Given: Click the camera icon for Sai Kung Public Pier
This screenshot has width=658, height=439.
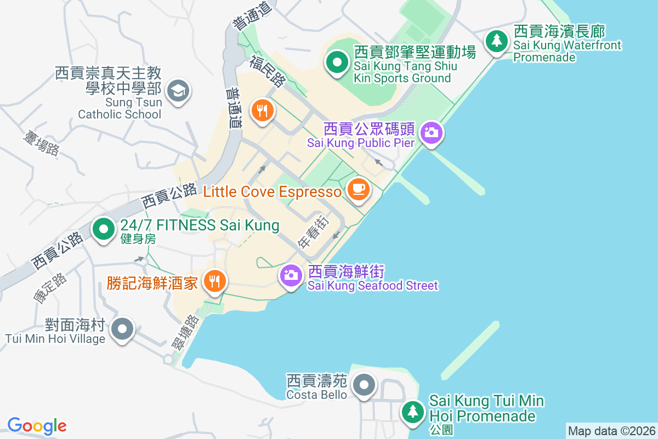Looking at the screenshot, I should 432,132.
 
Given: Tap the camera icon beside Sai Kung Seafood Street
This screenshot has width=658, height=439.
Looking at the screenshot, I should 291,275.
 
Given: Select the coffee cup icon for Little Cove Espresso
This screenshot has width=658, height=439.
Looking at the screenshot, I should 359,190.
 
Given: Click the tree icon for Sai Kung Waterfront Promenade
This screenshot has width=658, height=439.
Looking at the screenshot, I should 497,40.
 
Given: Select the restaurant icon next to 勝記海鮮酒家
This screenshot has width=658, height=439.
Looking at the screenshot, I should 214,282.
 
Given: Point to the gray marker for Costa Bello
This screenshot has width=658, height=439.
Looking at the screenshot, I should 364,384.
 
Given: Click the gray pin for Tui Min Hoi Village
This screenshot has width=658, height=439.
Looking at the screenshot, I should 122,329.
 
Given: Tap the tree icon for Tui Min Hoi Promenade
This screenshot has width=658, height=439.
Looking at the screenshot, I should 412,412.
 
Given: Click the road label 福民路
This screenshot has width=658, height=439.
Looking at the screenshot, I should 268,71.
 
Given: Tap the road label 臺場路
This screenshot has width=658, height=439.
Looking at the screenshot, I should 41,143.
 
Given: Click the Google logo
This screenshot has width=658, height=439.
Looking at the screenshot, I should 37,426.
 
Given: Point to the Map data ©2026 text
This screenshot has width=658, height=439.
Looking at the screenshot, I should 611,431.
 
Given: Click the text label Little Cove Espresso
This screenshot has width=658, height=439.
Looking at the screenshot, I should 272,192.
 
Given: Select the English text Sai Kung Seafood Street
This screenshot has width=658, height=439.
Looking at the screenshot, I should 372,285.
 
